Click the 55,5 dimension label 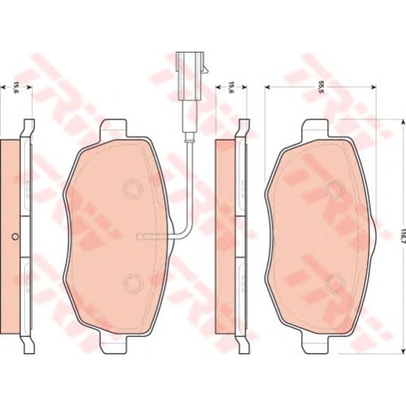coord(321,88)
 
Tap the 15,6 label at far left coord(16,88)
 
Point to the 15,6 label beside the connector coord(231,88)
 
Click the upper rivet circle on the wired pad coord(133,189)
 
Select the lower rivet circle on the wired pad coord(133,283)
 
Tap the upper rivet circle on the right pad coord(335,190)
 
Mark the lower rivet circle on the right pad coord(335,283)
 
